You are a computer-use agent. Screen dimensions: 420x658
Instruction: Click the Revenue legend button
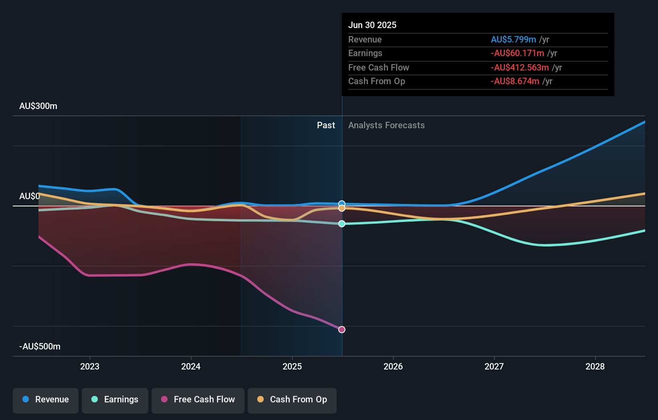[46, 400]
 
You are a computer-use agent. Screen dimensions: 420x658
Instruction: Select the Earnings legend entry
[115, 400]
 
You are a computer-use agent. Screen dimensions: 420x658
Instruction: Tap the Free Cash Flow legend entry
[198, 400]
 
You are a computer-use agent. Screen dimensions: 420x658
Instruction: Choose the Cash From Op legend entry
[292, 400]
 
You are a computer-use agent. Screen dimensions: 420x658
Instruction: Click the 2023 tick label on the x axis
[90, 366]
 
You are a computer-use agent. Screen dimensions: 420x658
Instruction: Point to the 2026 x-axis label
[393, 366]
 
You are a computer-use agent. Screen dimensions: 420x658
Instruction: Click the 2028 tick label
[595, 366]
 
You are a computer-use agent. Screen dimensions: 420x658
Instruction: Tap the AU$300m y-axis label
[38, 106]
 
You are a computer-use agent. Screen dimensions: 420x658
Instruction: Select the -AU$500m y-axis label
[40, 347]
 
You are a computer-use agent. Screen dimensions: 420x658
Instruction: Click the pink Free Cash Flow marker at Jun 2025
[342, 329]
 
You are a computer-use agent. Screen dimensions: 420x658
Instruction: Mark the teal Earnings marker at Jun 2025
[342, 224]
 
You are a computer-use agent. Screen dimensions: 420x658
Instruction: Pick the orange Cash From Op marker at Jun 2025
[342, 208]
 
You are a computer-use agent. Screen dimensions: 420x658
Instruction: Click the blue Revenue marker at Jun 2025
[342, 204]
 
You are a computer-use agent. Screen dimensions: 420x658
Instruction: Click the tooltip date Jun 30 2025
[372, 25]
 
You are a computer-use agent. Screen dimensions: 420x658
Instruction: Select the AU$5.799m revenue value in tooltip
[513, 40]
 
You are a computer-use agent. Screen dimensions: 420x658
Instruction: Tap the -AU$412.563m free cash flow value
[520, 68]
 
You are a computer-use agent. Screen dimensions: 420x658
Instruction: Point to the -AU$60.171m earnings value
[517, 53]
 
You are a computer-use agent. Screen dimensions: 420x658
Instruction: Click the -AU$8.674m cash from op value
[515, 81]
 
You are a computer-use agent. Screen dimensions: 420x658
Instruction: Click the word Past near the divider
[326, 125]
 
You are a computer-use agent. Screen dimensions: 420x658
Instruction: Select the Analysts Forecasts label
[386, 125]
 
